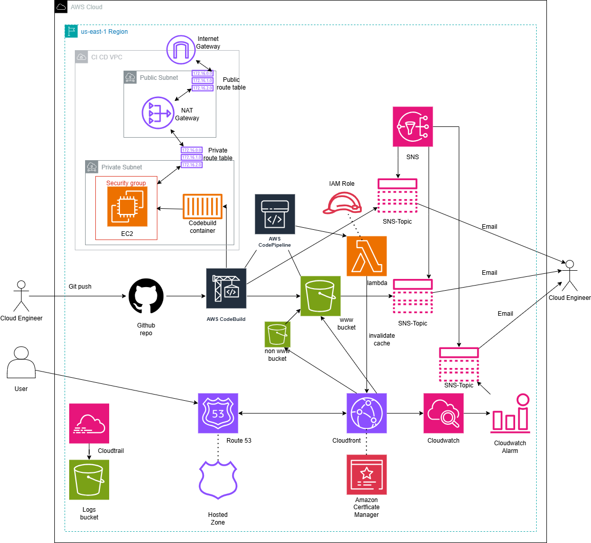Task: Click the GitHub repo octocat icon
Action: coord(146,296)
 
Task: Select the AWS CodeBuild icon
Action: coord(226,289)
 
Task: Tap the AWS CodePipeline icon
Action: coord(275,214)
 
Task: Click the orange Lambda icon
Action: coord(366,256)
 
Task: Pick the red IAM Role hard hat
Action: coord(342,203)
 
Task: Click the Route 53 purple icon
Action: coord(218,413)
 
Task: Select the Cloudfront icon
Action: coord(366,413)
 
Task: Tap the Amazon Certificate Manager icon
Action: coord(366,474)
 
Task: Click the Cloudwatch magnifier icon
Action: coord(443,413)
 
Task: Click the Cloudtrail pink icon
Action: coord(89,423)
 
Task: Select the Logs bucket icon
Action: coord(89,480)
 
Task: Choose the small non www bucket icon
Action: coord(277,335)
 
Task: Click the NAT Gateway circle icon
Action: coord(158,113)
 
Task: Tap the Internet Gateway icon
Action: coord(181,50)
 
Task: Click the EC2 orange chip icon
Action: coord(127,206)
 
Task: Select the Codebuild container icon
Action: coord(202,206)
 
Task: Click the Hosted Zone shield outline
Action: coord(218,480)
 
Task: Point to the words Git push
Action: coord(80,287)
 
